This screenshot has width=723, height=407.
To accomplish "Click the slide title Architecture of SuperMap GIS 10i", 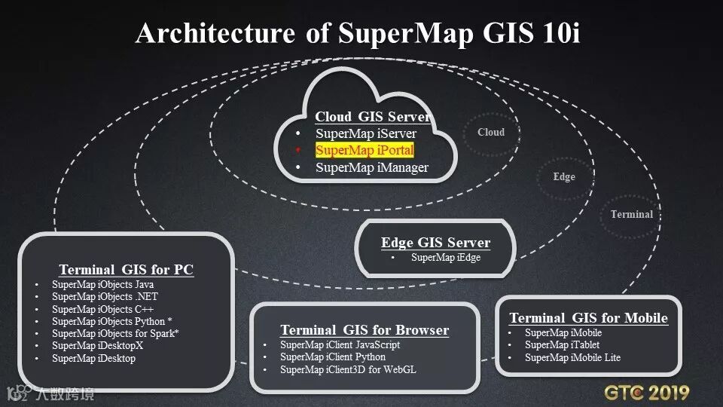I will (358, 33).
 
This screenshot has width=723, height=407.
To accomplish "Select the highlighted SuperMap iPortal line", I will (365, 151).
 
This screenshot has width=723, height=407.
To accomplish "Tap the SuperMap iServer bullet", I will (365, 133).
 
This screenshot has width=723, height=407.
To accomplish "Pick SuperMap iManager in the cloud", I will (372, 167).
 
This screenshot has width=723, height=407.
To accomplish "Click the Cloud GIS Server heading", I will (373, 117).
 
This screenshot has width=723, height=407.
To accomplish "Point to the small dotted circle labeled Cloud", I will (491, 133).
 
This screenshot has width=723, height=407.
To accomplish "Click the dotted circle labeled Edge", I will (564, 176).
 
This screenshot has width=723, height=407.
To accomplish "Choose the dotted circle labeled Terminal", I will (632, 214).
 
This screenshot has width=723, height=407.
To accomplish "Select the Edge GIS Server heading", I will (435, 243).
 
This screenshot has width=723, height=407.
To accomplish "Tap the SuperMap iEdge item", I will (445, 258).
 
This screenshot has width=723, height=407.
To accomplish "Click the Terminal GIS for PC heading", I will (126, 270).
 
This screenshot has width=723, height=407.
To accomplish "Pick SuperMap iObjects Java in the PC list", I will (102, 285).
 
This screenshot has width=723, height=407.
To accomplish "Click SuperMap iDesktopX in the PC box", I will (97, 346).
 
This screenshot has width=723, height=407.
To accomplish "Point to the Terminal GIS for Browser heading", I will (365, 330).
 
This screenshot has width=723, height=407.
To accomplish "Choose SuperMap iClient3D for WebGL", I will (348, 369).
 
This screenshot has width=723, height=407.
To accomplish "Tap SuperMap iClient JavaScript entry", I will (340, 344).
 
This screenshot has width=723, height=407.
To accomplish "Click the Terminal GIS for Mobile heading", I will (588, 318).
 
